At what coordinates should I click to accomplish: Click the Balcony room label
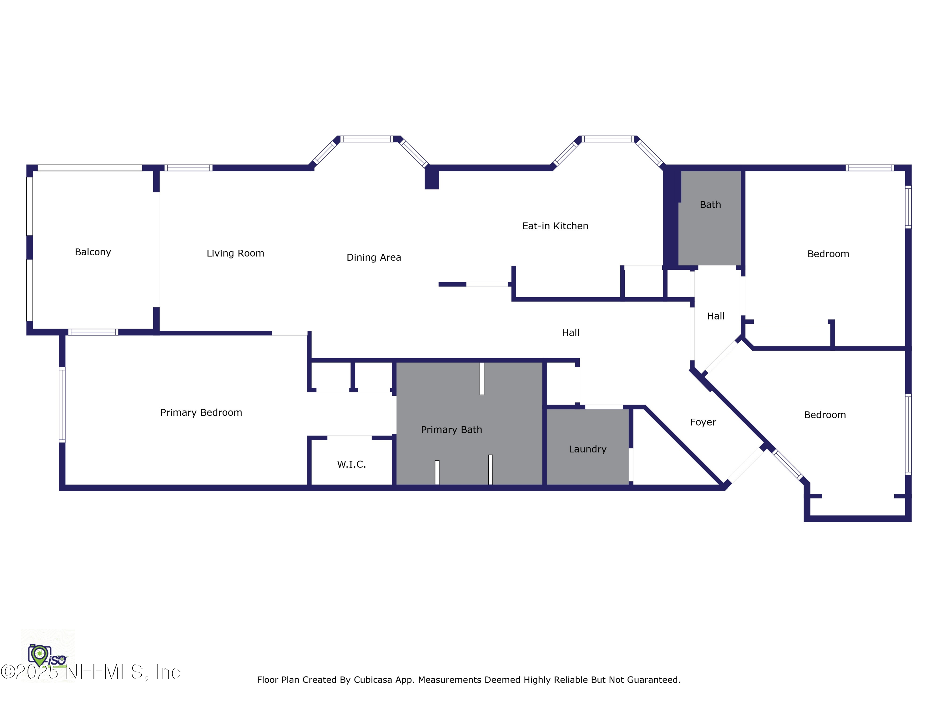(93, 252)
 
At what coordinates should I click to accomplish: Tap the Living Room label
(235, 253)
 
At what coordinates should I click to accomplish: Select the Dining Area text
(374, 258)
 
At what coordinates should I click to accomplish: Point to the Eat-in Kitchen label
(555, 226)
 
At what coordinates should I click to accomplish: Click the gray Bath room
(710, 229)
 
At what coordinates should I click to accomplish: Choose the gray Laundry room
(587, 449)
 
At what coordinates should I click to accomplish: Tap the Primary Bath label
(451, 430)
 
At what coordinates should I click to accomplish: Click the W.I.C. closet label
(351, 465)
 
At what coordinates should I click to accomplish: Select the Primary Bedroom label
(201, 412)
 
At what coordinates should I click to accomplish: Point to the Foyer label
(703, 422)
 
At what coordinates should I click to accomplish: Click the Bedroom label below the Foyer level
(825, 415)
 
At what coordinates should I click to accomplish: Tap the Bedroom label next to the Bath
(828, 254)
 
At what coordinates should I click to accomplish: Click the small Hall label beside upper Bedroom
(715, 316)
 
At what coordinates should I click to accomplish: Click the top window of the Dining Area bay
(367, 139)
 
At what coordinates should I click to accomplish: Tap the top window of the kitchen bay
(608, 139)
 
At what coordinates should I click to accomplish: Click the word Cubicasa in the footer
(373, 680)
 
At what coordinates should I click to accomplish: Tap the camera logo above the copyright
(39, 655)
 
